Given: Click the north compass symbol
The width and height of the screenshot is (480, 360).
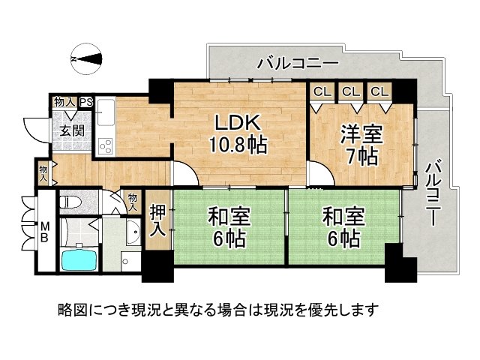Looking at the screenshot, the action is (x=87, y=58).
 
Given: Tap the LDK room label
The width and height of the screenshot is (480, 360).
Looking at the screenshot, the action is (x=238, y=122).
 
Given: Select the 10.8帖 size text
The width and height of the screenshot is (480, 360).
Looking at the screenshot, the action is (x=238, y=145).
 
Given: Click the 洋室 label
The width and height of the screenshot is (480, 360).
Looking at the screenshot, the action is (x=361, y=133).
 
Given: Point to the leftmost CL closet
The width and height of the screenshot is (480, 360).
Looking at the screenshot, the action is (x=322, y=91).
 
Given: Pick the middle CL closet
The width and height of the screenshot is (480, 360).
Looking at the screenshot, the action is (x=350, y=91).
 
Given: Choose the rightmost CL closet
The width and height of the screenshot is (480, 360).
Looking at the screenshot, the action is (x=379, y=91).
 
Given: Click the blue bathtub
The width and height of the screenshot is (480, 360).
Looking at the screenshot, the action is (x=79, y=259).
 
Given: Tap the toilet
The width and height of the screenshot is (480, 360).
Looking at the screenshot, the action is (x=70, y=202).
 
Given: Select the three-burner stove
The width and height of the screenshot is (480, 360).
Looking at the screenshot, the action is (x=106, y=146).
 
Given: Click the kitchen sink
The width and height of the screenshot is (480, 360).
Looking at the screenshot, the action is (x=106, y=112).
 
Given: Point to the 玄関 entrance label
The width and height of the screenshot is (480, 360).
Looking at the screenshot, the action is (x=72, y=131).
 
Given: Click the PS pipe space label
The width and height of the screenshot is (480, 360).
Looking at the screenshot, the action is (x=86, y=102).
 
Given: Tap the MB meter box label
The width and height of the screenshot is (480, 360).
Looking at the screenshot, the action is (x=45, y=232).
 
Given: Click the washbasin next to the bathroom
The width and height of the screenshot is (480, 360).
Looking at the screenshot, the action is (x=133, y=232).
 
